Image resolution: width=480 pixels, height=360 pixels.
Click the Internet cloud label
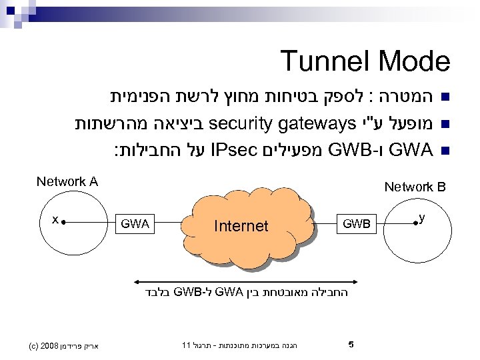coord(241,226)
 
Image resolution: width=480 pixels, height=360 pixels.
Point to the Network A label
coord(67,181)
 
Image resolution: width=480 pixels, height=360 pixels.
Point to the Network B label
coord(415,187)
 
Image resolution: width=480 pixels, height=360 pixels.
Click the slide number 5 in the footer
coord(351,345)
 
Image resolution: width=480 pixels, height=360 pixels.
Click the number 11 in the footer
coord(187,345)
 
